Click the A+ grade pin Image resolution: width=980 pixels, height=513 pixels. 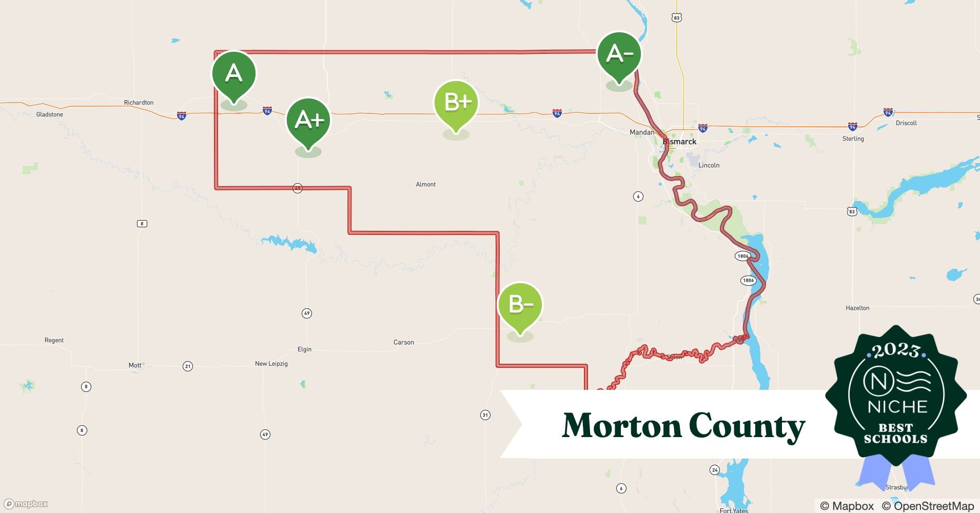tap(308, 120)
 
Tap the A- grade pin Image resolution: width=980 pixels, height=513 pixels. tap(619, 54)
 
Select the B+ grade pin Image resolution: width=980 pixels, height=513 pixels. tap(456, 103)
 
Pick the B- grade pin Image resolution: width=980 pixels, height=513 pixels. tap(520, 305)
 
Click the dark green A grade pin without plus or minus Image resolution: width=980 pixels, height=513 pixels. tap(234, 73)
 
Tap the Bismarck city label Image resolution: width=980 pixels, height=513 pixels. tap(679, 142)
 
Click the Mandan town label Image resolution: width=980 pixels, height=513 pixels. tap(642, 132)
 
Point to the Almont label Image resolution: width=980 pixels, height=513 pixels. tap(425, 184)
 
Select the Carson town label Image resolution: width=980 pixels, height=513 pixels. tap(403, 342)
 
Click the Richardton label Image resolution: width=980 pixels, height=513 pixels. tap(139, 103)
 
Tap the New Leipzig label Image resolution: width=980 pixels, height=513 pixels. tap(271, 364)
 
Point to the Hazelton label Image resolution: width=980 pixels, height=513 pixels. tap(857, 308)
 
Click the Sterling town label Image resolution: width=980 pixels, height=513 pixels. tap(853, 139)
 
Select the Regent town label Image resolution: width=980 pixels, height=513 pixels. tap(54, 340)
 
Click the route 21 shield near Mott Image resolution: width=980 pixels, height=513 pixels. tap(188, 366)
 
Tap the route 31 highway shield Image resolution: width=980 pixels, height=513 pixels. tap(485, 415)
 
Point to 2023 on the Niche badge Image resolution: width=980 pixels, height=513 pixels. tap(895, 350)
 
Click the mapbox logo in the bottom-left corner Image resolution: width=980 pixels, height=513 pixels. tap(26, 504)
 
